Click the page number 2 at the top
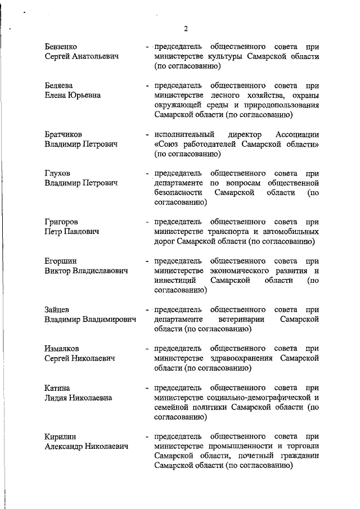click(185, 29)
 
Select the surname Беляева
click(58, 85)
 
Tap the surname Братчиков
click(63, 134)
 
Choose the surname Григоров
click(61, 222)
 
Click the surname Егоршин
click(60, 261)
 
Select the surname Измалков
click(62, 349)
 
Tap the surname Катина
click(57, 388)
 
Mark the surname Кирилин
click(60, 436)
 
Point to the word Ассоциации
click(298, 134)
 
